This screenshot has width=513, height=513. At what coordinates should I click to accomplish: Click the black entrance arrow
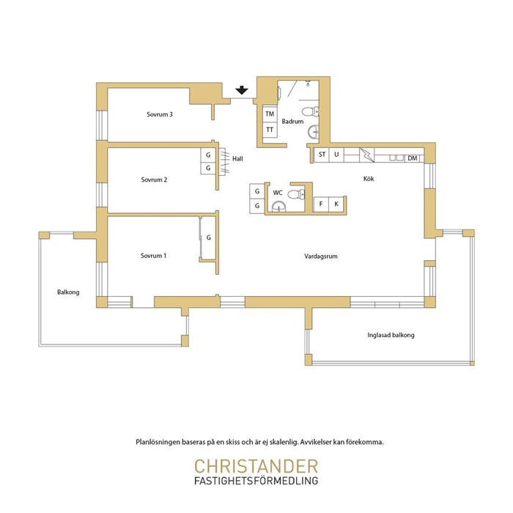pyautogui.click(x=241, y=90)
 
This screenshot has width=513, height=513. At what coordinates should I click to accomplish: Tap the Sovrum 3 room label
pyautogui.click(x=160, y=114)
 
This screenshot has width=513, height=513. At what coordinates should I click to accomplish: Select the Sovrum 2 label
pyautogui.click(x=154, y=180)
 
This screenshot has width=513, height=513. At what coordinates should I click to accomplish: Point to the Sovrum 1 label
pyautogui.click(x=153, y=256)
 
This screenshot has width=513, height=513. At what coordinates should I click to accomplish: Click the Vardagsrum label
pyautogui.click(x=321, y=256)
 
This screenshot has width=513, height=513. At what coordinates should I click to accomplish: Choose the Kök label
pyautogui.click(x=369, y=179)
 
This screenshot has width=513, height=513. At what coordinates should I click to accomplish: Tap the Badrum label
pyautogui.click(x=292, y=122)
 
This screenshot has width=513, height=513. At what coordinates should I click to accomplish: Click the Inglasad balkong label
pyautogui.click(x=391, y=335)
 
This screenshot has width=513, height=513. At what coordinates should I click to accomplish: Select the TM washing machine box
pyautogui.click(x=270, y=114)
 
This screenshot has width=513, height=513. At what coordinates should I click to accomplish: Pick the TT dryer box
pyautogui.click(x=270, y=130)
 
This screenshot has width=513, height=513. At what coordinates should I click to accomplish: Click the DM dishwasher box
pyautogui.click(x=413, y=158)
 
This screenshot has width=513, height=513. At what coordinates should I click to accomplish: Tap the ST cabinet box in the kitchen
pyautogui.click(x=322, y=155)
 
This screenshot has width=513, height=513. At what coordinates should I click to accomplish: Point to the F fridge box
pyautogui.click(x=321, y=204)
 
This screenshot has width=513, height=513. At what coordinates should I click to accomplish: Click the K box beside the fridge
pyautogui.click(x=336, y=204)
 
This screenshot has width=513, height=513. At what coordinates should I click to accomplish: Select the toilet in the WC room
pyautogui.click(x=296, y=194)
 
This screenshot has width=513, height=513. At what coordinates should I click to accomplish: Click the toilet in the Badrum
pyautogui.click(x=310, y=111)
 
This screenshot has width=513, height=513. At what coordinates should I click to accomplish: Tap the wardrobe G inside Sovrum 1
pyautogui.click(x=208, y=237)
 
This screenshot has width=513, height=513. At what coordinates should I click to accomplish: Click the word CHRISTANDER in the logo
pyautogui.click(x=256, y=466)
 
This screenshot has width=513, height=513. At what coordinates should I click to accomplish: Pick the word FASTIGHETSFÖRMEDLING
pyautogui.click(x=256, y=481)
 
